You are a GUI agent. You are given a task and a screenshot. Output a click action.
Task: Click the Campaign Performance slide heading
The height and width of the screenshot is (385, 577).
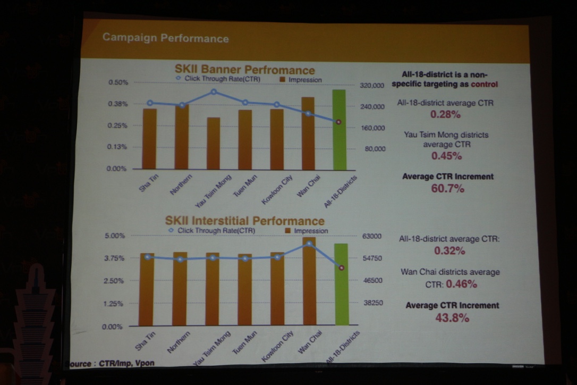click(165, 38)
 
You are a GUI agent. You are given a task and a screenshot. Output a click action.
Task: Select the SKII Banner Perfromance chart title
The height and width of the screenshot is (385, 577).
click(245, 70)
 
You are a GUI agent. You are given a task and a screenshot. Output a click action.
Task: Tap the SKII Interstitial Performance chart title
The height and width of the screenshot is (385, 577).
click(244, 221)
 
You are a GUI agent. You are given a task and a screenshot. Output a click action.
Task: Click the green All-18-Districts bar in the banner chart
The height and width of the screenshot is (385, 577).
click(339, 129)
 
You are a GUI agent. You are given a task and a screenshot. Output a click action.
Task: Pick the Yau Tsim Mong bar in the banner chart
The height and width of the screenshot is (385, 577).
click(214, 143)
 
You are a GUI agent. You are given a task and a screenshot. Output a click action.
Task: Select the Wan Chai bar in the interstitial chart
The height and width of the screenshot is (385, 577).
click(309, 281)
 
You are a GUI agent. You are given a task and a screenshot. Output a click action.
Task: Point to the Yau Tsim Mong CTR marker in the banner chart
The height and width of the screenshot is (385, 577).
click(214, 91)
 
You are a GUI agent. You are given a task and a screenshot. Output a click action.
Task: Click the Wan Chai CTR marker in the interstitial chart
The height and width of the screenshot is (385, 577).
click(309, 244)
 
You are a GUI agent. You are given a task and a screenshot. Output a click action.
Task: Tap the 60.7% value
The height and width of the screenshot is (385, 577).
click(447, 188)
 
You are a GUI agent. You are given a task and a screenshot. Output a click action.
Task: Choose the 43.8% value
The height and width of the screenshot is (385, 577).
click(452, 318)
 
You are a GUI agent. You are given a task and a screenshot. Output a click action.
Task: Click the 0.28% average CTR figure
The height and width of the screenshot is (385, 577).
click(445, 114)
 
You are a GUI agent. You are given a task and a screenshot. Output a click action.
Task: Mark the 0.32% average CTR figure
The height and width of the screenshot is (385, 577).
click(449, 251)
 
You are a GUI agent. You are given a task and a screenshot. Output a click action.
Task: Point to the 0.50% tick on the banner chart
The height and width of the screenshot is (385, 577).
click(118, 82)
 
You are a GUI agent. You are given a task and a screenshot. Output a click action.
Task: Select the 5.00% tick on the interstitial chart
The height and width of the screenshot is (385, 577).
click(113, 236)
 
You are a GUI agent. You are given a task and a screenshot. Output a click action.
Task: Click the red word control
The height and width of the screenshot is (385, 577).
click(485, 85)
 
